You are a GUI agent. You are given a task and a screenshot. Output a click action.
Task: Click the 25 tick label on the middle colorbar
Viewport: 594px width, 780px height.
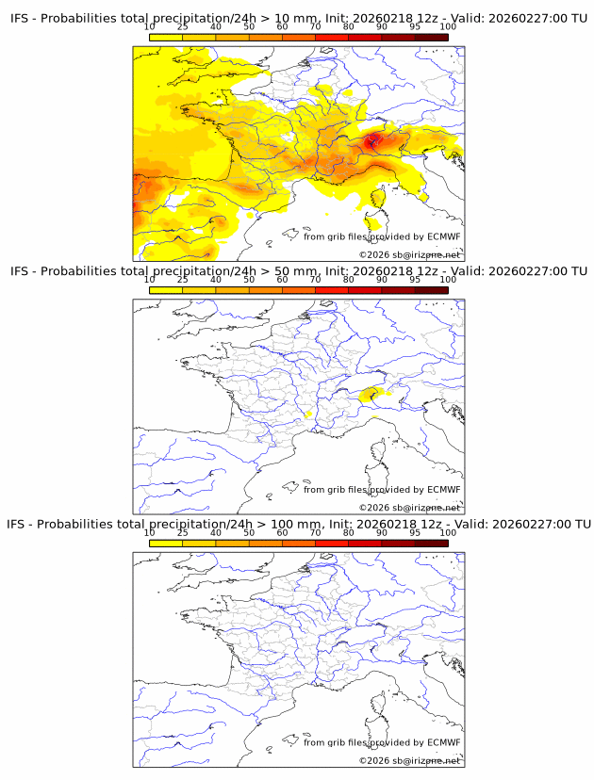[183, 280]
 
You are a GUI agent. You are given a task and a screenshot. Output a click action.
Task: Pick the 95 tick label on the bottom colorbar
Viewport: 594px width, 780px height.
[415, 532]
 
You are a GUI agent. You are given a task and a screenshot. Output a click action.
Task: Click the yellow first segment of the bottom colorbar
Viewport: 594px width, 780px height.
[166, 543]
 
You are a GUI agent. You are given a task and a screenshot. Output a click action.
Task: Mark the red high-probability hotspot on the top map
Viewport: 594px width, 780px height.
[373, 141]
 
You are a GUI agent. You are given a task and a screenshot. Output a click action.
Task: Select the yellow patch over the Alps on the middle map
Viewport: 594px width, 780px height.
[371, 394]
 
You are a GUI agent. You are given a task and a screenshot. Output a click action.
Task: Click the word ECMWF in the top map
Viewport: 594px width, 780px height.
[443, 236]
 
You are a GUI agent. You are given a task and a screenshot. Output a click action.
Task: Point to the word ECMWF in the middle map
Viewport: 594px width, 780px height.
[443, 489]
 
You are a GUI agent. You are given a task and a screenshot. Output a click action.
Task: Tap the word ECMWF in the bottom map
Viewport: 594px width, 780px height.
[443, 742]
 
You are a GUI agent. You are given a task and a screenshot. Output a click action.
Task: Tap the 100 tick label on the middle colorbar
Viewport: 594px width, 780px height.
[448, 280]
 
